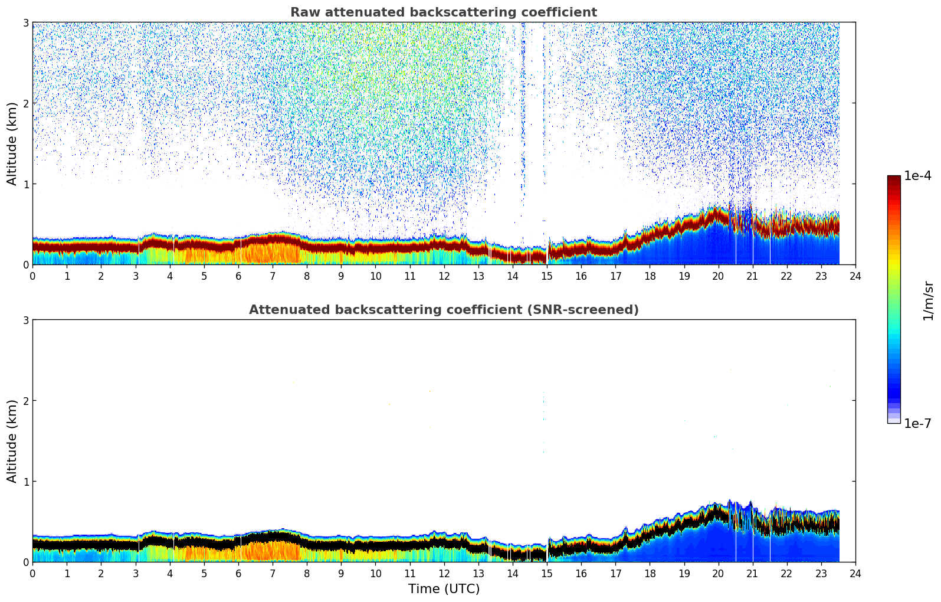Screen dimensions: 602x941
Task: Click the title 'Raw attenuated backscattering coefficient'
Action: [444, 12]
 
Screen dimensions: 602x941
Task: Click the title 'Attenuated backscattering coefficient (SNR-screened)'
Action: [444, 310]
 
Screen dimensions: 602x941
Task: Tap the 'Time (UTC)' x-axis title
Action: [444, 589]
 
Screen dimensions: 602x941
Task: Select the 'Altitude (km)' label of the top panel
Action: [12, 143]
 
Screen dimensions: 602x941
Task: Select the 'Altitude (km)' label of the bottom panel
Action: [12, 441]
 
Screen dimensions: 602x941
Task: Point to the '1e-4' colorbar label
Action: [917, 176]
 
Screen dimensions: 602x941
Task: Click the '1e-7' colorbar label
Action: [917, 424]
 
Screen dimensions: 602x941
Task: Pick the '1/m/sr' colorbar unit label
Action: [928, 300]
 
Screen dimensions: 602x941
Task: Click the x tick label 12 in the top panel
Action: [444, 276]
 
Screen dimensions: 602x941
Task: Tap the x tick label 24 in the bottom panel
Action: [855, 574]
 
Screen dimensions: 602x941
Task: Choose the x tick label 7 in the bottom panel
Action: [273, 574]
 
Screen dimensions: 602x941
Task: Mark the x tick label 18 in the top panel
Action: [650, 276]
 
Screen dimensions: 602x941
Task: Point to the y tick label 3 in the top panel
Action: [25, 22]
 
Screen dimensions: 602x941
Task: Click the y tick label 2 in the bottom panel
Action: [25, 401]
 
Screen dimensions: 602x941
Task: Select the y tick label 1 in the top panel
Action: [25, 184]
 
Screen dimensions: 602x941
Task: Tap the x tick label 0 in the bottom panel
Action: [32, 574]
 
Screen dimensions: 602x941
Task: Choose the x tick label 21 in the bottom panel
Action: [752, 574]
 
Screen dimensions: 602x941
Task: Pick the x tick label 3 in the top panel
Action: [135, 276]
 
